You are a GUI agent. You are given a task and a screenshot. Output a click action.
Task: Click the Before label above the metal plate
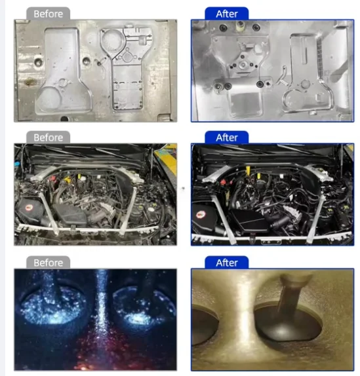click(49, 13)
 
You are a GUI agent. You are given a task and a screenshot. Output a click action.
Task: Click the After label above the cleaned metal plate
click(226, 13)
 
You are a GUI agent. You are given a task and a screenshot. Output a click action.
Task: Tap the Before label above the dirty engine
click(49, 138)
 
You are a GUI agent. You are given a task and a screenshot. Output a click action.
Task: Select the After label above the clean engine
click(226, 138)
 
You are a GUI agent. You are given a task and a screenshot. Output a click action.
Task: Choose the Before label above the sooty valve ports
click(49, 263)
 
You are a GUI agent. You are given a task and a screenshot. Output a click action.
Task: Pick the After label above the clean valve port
click(226, 263)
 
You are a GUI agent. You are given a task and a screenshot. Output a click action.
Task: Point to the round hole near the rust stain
click(38, 64)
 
